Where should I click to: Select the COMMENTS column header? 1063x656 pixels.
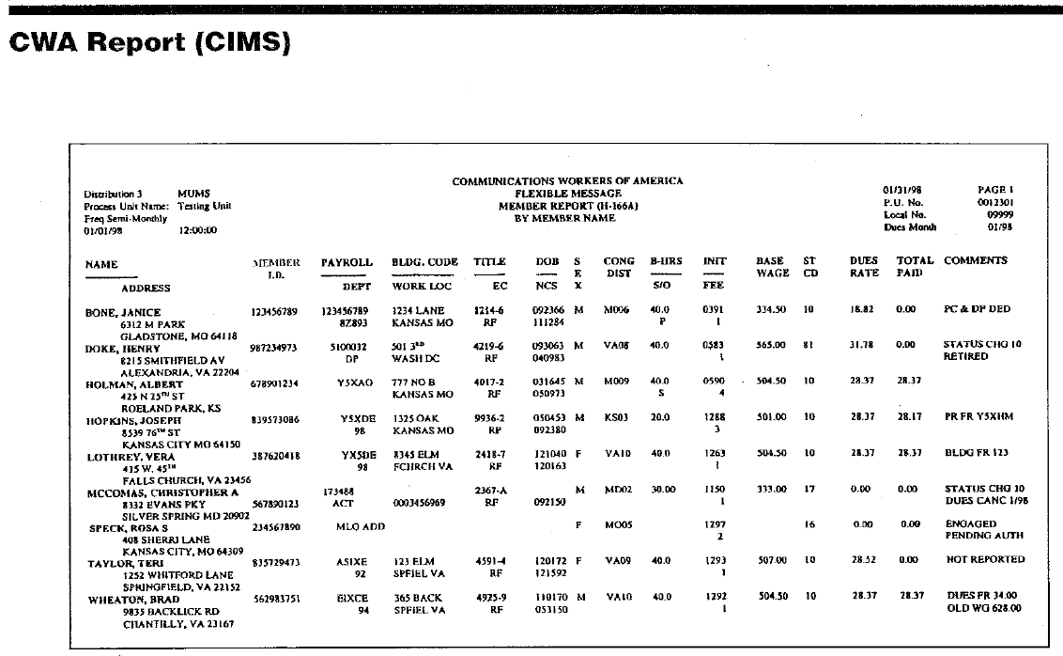click(x=975, y=261)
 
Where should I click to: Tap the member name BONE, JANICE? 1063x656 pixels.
click(x=123, y=311)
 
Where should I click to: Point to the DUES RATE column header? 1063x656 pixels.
click(x=864, y=267)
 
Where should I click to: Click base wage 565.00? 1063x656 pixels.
click(x=770, y=345)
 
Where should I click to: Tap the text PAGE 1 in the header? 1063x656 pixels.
click(x=996, y=190)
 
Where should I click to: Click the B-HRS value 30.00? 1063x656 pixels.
click(x=664, y=490)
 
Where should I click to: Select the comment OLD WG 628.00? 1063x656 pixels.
click(x=984, y=608)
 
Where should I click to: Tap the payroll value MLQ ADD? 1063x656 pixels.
click(x=355, y=525)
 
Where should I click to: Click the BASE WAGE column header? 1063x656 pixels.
click(x=770, y=267)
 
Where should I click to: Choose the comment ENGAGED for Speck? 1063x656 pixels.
click(x=969, y=523)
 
